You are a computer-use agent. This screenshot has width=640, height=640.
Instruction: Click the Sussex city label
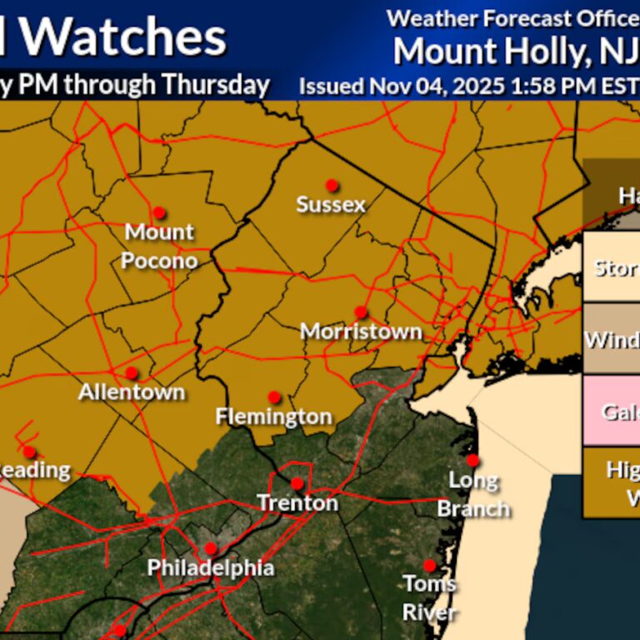pos(331,204)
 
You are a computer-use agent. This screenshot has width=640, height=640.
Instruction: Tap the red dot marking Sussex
pos(332,184)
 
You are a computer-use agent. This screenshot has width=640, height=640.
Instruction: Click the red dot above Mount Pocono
pos(158,212)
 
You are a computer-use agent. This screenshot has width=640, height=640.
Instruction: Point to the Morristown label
pos(361,332)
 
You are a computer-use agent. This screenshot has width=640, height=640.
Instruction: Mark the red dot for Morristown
pos(360,312)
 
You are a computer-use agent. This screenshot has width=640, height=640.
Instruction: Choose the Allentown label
pos(132,392)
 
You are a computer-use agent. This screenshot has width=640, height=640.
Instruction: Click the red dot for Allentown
pos(132,372)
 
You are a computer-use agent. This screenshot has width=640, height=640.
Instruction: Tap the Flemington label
pos(273,416)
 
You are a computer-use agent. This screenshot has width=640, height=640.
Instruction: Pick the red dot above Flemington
pos(273,397)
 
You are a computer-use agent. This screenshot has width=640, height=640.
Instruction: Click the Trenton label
pos(297,503)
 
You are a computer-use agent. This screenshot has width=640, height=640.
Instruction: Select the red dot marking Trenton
pos(297,483)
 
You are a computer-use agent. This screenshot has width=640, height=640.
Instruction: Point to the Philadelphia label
pos(210,568)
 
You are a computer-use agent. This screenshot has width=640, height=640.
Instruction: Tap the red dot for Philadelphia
pos(210,548)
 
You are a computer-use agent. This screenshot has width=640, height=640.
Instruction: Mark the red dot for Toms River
pos(429,565)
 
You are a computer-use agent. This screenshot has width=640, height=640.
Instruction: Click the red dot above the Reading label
pos(29,452)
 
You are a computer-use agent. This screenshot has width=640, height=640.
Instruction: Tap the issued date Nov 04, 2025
pos(408,85)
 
